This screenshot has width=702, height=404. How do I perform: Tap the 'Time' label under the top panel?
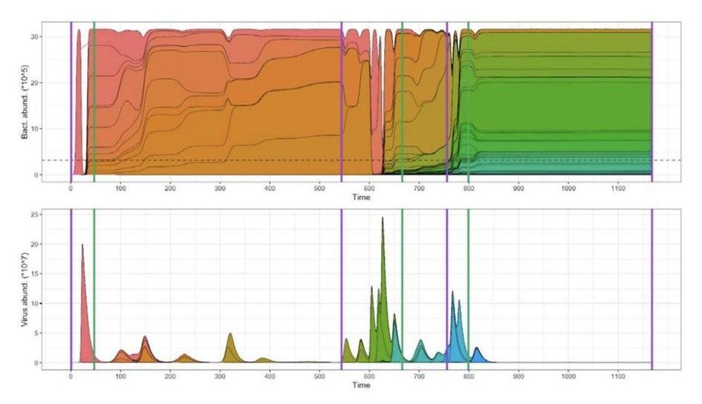pos(361,198)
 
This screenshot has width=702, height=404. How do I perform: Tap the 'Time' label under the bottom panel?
pos(361,385)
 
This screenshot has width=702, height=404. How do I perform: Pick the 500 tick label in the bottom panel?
pos(319,376)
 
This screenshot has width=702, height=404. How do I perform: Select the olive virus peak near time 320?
pos(230,333)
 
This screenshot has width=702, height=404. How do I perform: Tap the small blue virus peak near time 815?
pos(477,348)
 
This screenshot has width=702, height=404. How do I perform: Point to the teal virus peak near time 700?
pos(420,341)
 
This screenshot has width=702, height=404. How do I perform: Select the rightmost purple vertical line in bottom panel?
pos(651,297)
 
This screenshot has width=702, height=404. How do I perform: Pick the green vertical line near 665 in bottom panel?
pos(402,297)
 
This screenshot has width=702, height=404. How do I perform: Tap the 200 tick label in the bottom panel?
pos(169,376)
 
